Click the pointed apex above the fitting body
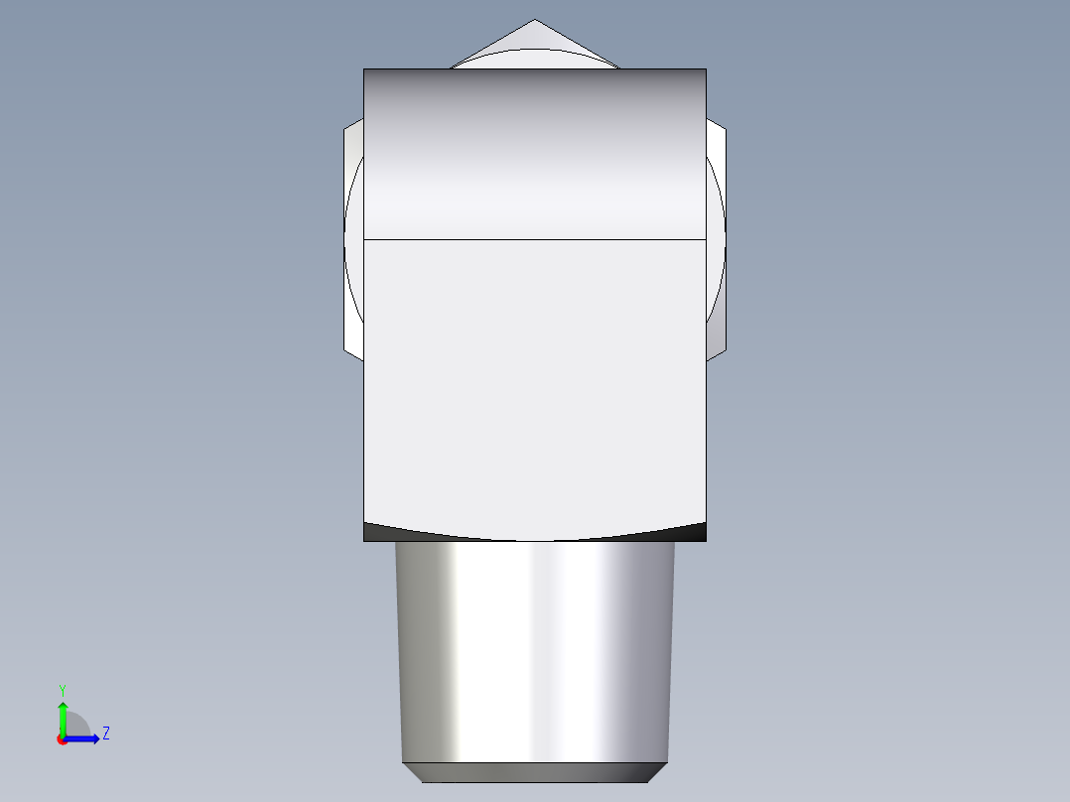535,22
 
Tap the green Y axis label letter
62,689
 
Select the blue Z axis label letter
105,734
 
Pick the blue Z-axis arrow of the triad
85,738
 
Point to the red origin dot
63,739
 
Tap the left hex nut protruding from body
353,238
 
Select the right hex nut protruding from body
716,238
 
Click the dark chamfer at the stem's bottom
535,772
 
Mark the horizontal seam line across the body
535,239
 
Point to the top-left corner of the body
364,69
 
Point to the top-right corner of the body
706,69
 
